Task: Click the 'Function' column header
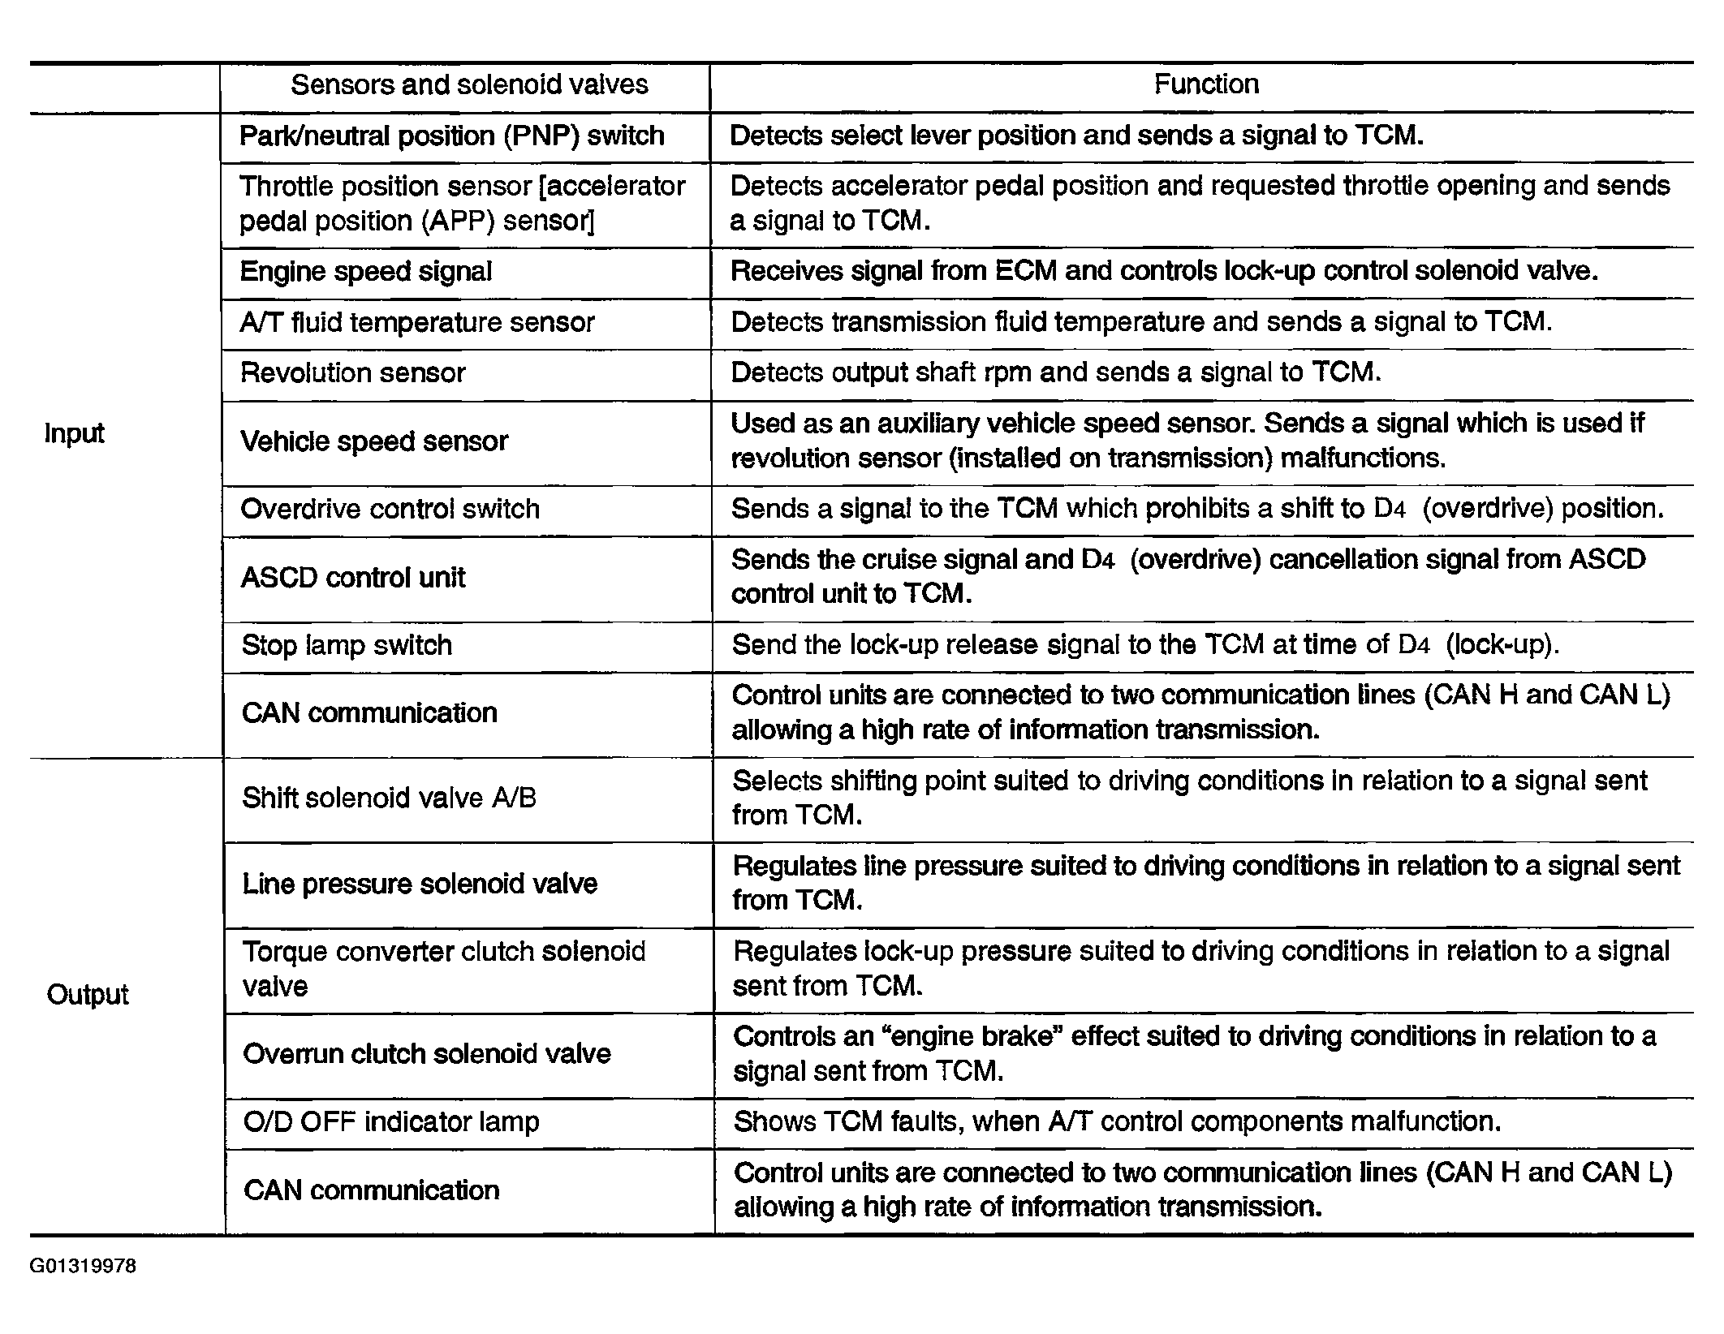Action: pos(1206,84)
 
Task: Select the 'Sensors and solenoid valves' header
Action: pos(469,84)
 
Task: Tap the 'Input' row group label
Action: pos(74,433)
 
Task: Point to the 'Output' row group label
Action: pos(88,994)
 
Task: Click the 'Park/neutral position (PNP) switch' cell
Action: pos(452,136)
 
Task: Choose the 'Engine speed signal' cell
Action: pos(366,271)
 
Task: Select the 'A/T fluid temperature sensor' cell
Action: pos(417,322)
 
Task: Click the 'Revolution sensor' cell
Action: pos(353,373)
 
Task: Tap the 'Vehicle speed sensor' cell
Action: pos(374,441)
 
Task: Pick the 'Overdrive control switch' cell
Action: pos(390,509)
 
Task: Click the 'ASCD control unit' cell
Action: pos(354,578)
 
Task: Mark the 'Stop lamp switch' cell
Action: pos(347,645)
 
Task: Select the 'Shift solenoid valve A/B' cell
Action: pos(390,798)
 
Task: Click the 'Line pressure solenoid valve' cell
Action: pos(420,883)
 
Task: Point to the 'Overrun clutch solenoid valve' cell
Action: pos(427,1053)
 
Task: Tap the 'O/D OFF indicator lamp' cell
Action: pos(391,1121)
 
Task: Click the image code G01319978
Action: pos(84,1267)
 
